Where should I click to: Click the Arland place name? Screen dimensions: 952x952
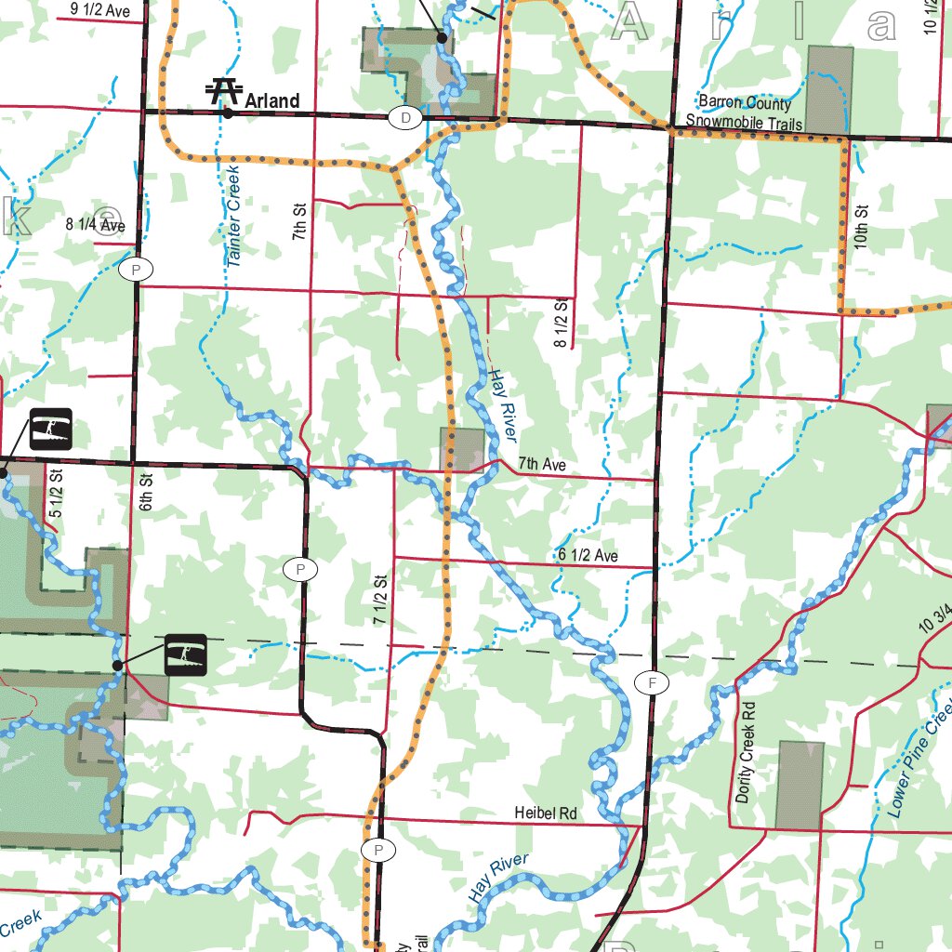272,100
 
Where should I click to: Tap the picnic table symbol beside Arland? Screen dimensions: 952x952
223,90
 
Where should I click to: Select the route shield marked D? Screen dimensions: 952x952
405,118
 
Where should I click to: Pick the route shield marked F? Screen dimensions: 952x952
652,683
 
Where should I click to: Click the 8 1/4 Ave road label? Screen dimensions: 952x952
95,224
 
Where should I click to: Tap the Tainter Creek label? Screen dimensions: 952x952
233,217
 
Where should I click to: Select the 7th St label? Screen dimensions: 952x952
299,223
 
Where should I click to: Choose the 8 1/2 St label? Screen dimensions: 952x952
561,324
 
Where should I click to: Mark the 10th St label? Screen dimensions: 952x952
862,226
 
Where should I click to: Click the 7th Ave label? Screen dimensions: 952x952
542,464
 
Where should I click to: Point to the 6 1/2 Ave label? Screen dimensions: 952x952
588,556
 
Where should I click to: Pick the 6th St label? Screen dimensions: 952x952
146,494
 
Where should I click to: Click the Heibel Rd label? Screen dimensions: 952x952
546,813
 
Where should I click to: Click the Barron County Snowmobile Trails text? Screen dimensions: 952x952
744,112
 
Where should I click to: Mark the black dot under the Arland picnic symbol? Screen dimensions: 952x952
228,113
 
